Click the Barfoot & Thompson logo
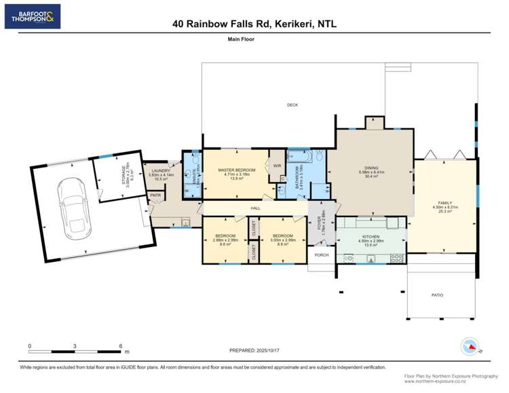pos(32,16)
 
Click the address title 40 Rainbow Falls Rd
pos(254,24)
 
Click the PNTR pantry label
pos(155,195)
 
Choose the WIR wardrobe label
pos(277,166)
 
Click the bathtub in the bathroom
pos(299,157)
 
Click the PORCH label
pos(321,255)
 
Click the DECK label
pos(293,105)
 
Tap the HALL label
pos(255,208)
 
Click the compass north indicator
pos(469,346)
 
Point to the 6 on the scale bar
pos(120,345)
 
